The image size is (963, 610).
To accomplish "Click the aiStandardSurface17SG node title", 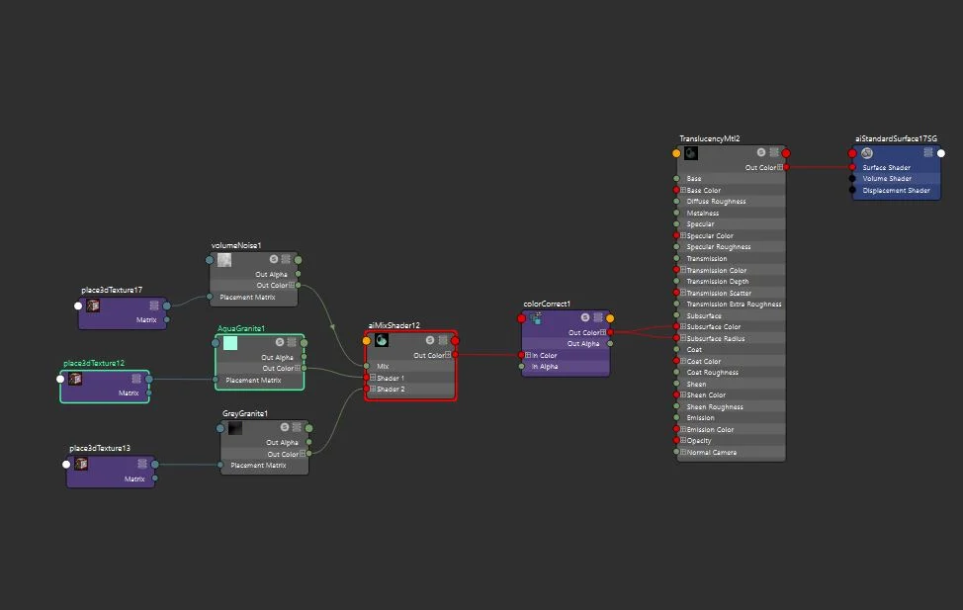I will (896, 139).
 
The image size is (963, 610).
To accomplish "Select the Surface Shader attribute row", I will (888, 168).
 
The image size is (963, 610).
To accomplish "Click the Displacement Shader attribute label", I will (896, 191).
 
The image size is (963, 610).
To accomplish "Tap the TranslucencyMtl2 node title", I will (709, 139).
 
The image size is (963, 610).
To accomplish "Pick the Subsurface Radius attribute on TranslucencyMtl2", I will (716, 338).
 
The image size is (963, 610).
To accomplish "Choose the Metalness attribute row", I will (703, 214).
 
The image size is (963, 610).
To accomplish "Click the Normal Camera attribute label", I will (711, 453).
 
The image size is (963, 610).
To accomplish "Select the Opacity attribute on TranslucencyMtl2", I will (699, 441).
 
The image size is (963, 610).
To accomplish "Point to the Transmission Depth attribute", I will (718, 282).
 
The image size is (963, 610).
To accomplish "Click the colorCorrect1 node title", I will (547, 305).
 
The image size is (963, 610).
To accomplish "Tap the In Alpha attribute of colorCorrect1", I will (545, 367).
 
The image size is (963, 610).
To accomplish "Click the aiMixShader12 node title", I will (394, 325).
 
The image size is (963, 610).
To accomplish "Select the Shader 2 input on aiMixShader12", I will (391, 390).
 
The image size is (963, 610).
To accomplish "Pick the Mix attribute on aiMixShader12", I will (383, 367).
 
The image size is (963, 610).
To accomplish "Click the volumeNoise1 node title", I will (236, 245).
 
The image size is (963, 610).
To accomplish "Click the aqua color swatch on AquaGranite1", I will (230, 343).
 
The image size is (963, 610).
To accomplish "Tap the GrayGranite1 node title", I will (244, 413).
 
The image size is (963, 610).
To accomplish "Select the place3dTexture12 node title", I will (94, 364).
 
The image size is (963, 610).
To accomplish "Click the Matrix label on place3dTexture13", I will (134, 479).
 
